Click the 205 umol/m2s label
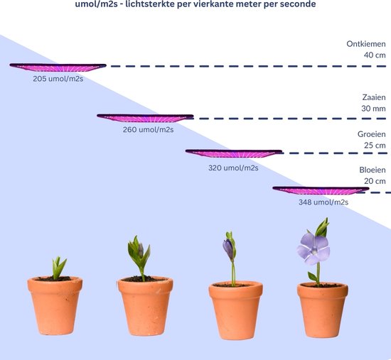[58, 79]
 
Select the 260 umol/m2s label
[148, 129]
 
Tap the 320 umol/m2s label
[233, 168]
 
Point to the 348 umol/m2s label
[323, 202]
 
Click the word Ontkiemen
[366, 44]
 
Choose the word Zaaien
[374, 97]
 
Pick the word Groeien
[372, 134]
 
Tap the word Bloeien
[373, 170]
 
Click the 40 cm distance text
[375, 55]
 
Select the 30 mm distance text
[373, 109]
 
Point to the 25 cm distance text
[375, 146]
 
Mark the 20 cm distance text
[375, 181]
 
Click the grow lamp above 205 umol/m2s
[58, 67]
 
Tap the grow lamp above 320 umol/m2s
[234, 153]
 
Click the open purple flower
[314, 249]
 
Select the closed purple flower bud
[228, 249]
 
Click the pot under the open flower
[323, 310]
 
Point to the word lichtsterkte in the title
[150, 4]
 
